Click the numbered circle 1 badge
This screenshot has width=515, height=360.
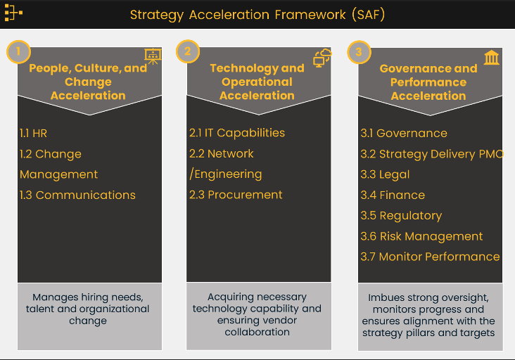click(18, 51)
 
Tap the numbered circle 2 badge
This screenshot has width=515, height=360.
click(187, 51)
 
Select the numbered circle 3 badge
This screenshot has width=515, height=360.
click(359, 51)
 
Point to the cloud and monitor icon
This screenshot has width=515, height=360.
click(322, 58)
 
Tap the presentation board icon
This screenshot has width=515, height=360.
click(152, 57)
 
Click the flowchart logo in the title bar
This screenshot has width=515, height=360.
click(13, 13)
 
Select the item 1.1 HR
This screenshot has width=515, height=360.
click(34, 133)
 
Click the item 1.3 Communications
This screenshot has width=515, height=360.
click(77, 195)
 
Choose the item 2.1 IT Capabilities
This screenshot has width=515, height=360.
click(237, 133)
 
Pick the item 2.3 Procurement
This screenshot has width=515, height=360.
click(236, 195)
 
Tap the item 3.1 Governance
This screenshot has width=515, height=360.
click(403, 133)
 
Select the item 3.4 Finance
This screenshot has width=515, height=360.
click(393, 195)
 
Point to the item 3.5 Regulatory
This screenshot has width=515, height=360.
click(401, 215)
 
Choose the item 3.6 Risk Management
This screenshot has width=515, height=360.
click(421, 236)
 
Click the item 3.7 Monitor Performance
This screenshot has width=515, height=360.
click(430, 257)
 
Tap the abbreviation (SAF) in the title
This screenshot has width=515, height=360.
click(367, 14)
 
